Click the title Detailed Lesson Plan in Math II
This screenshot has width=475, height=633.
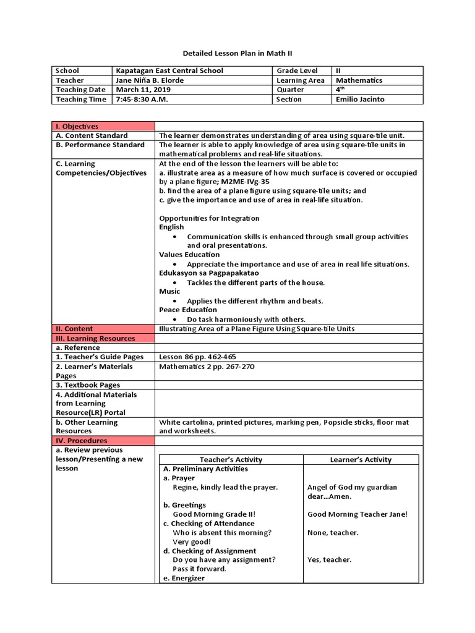tap(237, 54)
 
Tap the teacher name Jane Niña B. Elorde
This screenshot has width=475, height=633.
tap(150, 80)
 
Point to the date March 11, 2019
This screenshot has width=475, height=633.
tap(139, 90)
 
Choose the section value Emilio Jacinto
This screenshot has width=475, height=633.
tap(361, 99)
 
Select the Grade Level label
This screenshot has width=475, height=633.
tap(297, 71)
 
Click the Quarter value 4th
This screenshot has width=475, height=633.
tap(339, 90)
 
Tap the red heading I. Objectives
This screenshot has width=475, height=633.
tap(77, 126)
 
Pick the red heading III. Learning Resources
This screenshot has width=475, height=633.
tap(95, 338)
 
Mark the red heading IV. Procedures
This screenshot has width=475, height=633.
tap(81, 441)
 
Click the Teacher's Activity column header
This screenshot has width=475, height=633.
tap(231, 459)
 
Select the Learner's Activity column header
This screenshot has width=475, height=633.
tap(361, 459)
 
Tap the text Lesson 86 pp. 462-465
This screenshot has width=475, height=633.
tap(197, 357)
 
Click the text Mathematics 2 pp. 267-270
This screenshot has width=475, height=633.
tap(207, 366)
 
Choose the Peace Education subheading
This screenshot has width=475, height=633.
tap(188, 310)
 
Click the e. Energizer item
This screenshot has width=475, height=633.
tap(184, 579)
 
